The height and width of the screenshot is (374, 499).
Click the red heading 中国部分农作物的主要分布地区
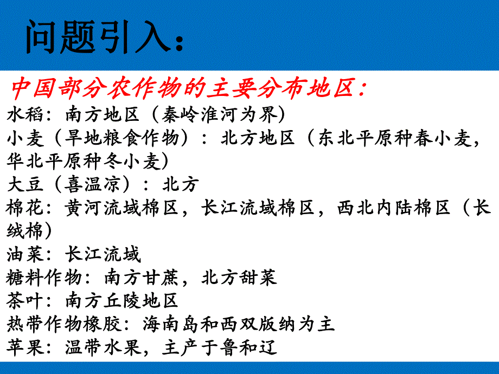coord(187,87)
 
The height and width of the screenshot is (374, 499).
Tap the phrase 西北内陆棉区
coord(394,208)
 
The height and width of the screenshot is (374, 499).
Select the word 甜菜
coord(258,277)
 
